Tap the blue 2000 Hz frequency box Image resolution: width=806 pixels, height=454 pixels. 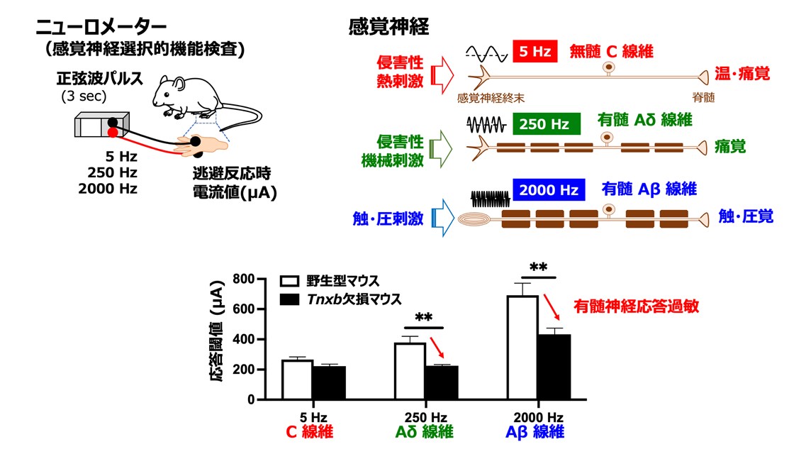pos(549,190)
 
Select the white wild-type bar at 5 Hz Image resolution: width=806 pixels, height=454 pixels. pos(297,380)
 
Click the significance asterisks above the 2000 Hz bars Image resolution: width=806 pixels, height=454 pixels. pos(538,268)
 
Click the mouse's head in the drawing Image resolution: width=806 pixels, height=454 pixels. pos(166,89)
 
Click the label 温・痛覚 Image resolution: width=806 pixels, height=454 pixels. pos(742,74)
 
